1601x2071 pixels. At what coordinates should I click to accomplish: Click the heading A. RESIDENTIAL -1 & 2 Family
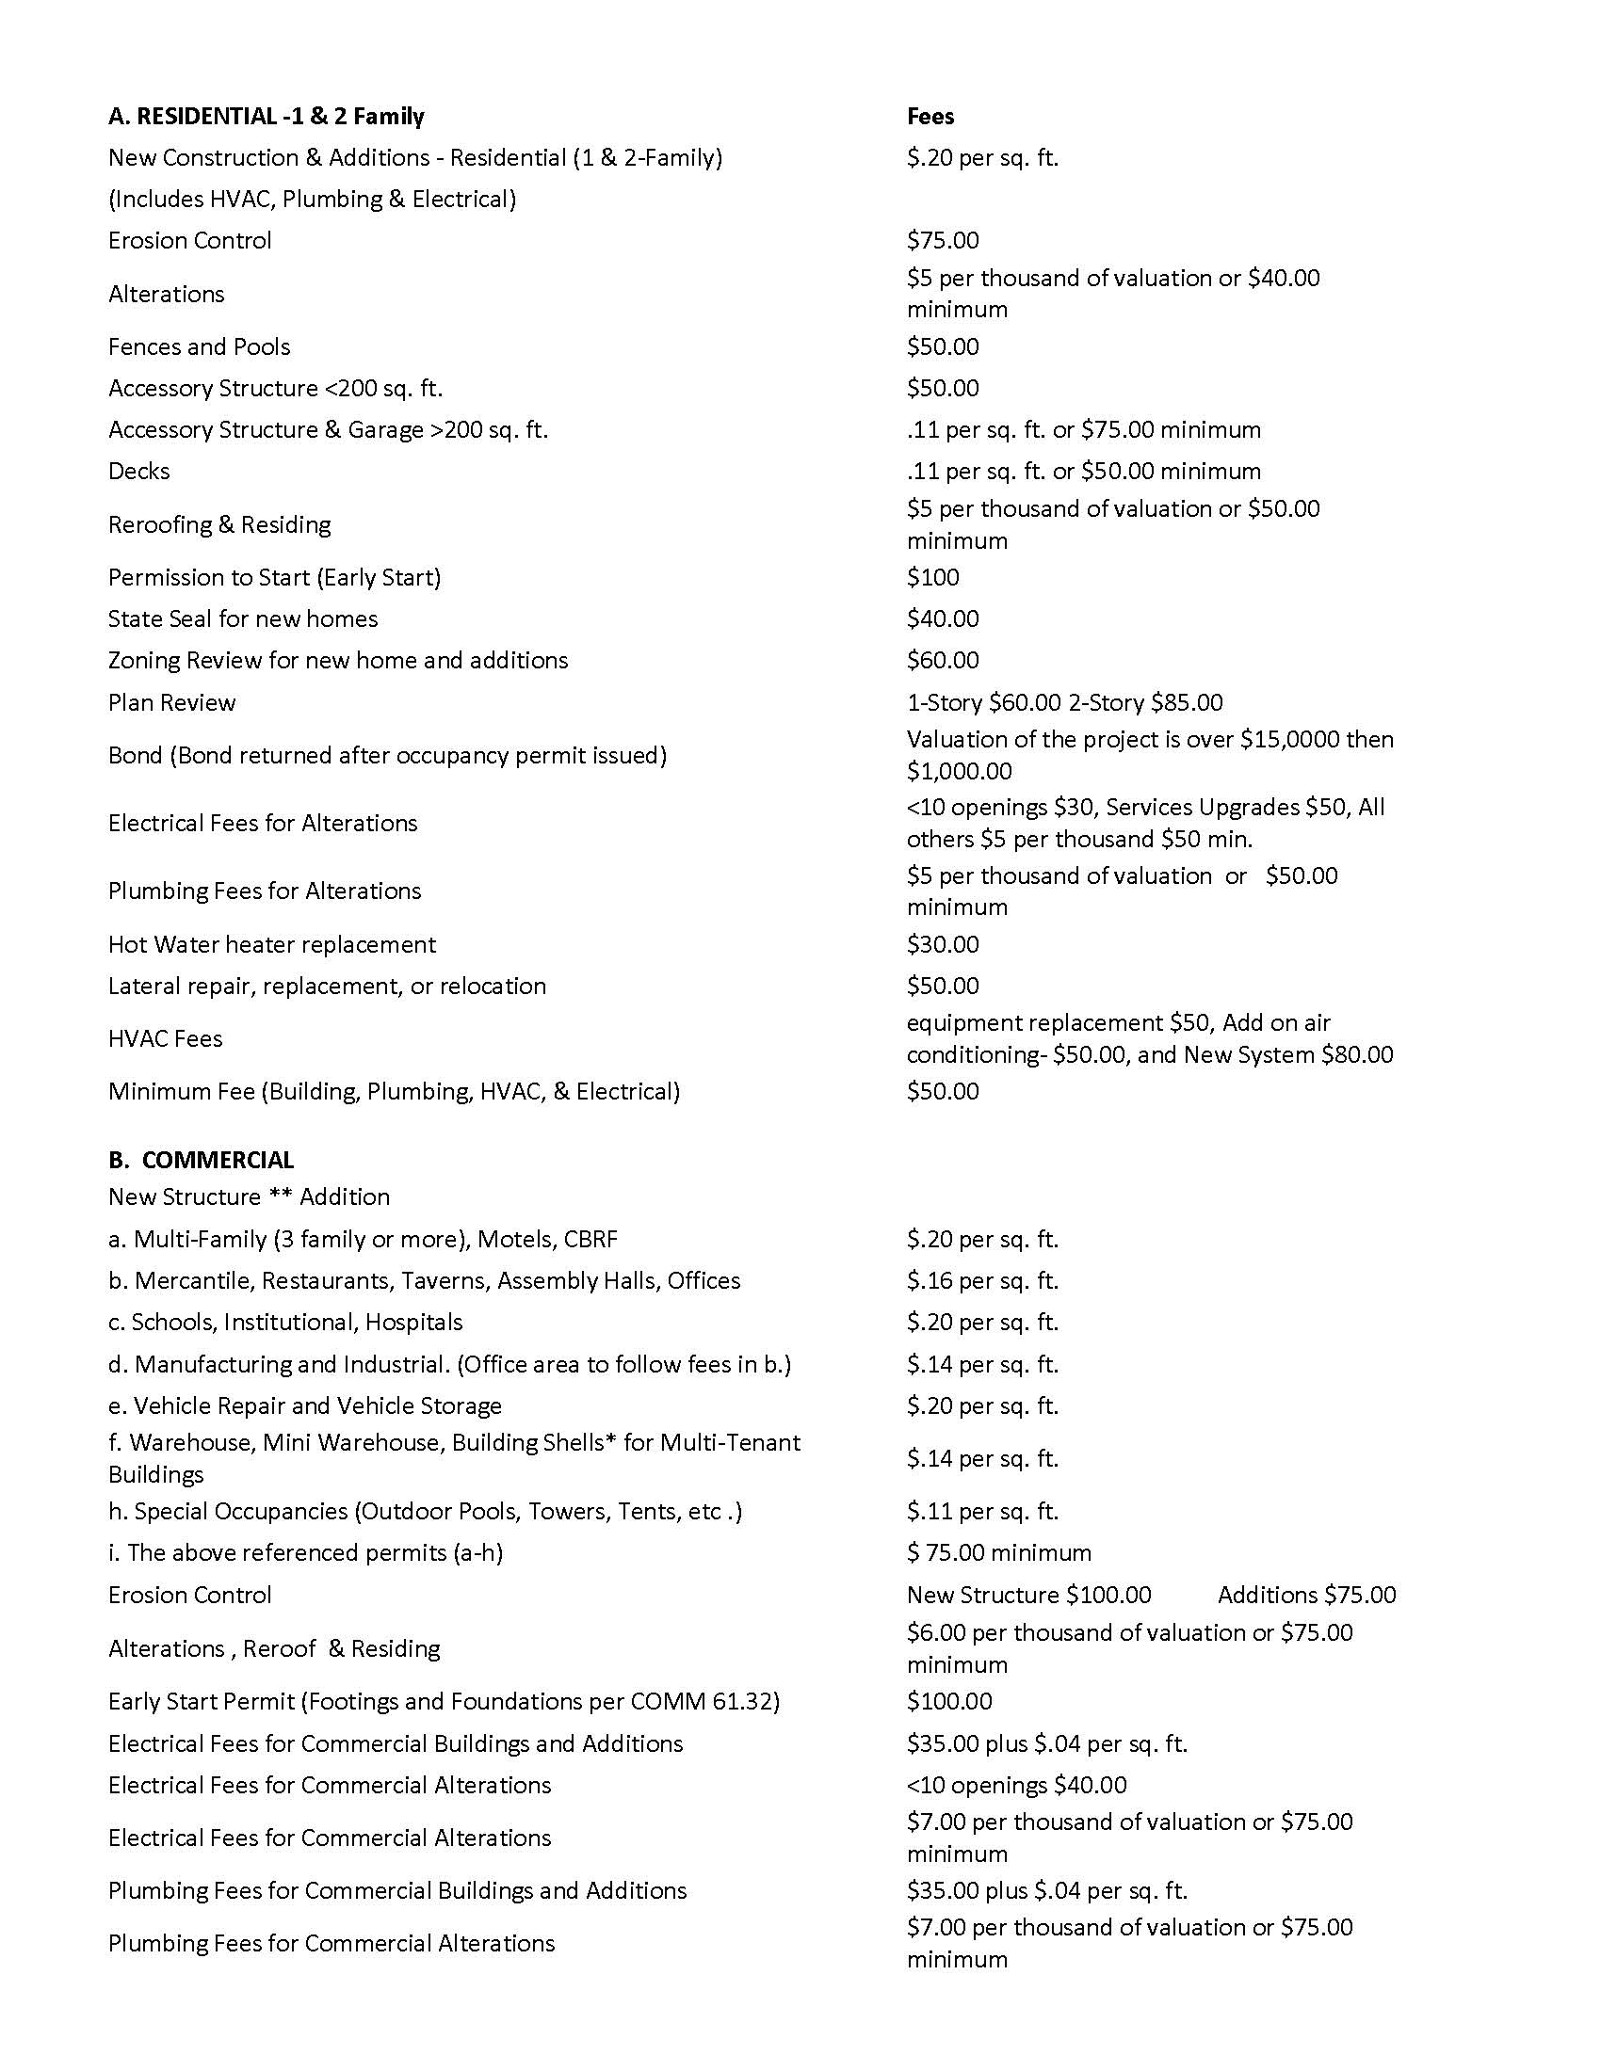pos(266,117)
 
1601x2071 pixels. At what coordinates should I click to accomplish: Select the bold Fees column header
pos(930,117)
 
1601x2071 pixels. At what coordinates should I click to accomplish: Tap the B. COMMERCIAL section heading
pos(202,1160)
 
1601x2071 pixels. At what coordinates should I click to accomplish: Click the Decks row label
pos(138,472)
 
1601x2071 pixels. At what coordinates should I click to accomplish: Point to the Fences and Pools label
pos(199,347)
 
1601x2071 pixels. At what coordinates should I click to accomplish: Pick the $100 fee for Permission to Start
pos(932,577)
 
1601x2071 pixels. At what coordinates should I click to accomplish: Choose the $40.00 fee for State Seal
pos(942,619)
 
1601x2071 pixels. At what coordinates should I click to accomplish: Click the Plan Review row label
pos(171,702)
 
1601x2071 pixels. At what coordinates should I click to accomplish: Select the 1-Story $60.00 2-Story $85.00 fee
pos(1064,702)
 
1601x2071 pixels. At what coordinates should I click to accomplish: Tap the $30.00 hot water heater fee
pos(942,944)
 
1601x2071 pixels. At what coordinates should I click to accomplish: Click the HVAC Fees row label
pos(165,1038)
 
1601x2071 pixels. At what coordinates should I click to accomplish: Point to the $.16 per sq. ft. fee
pos(981,1281)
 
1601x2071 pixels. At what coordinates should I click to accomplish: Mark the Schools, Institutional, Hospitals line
pos(285,1323)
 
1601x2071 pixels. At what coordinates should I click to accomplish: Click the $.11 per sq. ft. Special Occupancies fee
pos(981,1512)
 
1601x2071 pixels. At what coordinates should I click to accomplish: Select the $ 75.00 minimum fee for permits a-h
pos(998,1553)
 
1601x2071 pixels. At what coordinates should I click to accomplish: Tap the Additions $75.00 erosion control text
pos(1306,1595)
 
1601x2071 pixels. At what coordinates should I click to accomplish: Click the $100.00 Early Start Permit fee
pos(948,1701)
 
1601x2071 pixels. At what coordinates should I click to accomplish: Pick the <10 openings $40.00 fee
pos(1016,1786)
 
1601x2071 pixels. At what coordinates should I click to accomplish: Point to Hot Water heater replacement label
pos(272,944)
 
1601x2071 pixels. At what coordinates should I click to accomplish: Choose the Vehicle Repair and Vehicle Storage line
pos(304,1406)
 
